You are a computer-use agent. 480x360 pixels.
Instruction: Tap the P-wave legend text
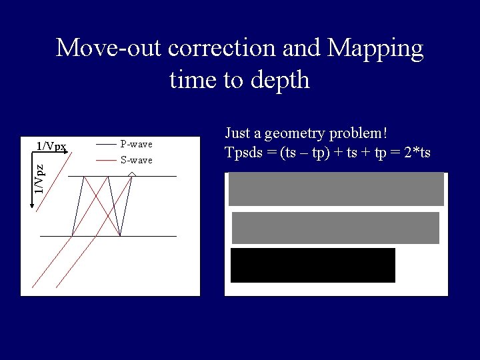[136, 144]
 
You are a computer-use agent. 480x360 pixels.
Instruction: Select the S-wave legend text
[136, 160]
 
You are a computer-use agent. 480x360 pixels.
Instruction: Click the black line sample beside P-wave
[106, 144]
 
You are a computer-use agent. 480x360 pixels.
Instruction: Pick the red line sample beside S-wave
[106, 160]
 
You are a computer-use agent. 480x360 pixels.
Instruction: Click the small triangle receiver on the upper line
[132, 174]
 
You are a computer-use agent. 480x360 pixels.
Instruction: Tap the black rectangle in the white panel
[313, 265]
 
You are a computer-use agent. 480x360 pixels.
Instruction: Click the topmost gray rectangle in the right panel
[336, 189]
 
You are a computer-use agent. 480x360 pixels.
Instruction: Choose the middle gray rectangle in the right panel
[335, 227]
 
